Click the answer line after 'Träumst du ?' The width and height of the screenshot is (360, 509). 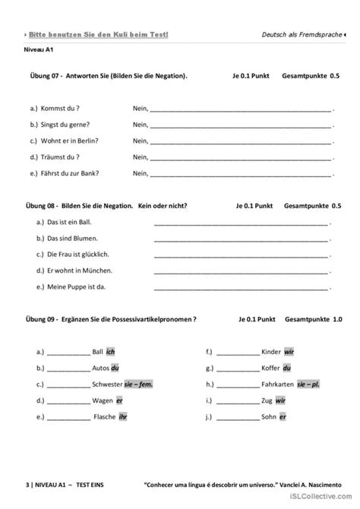point(240,158)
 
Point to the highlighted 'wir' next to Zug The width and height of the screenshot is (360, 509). point(280,400)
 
